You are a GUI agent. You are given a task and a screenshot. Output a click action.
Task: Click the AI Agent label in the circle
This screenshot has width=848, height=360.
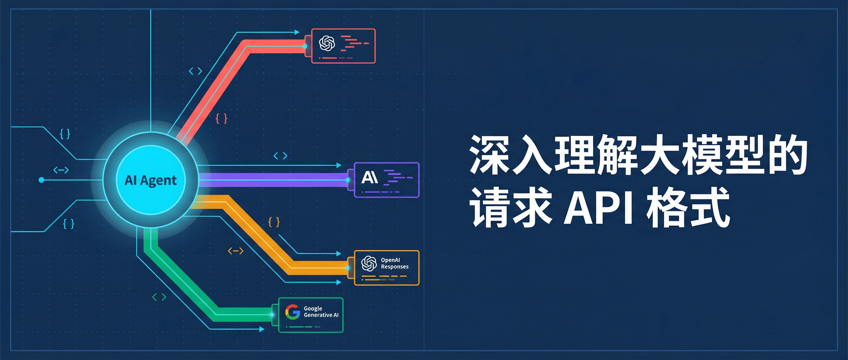(x=150, y=180)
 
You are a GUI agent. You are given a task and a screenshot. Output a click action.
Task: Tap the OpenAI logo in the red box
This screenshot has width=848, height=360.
(x=327, y=43)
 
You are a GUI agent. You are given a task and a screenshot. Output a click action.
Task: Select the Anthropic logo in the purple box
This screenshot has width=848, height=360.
(x=369, y=178)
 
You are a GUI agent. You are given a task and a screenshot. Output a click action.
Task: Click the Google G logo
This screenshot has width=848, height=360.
(x=293, y=312)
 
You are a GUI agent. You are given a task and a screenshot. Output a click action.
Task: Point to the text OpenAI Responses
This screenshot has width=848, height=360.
(x=394, y=263)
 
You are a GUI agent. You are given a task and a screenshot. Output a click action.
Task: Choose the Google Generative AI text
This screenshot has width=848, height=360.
(x=321, y=312)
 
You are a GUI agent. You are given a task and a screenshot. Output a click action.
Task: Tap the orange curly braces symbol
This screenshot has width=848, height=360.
(x=274, y=222)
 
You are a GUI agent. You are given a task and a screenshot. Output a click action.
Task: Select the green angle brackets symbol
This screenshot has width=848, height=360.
(x=159, y=297)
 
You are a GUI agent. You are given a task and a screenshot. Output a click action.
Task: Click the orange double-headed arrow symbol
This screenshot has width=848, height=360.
(x=236, y=251)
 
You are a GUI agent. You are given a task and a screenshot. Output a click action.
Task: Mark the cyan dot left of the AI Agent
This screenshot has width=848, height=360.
(x=41, y=180)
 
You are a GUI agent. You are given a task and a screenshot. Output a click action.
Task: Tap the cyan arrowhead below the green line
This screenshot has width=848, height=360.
(x=262, y=329)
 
